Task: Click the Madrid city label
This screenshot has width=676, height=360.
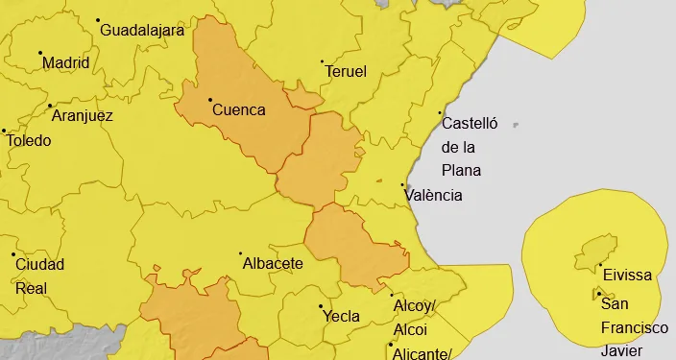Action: [66, 63]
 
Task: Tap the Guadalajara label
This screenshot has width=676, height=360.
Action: [142, 30]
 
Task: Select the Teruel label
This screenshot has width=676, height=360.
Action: [347, 72]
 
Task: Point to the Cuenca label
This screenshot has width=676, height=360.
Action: [238, 109]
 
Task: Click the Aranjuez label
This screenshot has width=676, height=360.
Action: [82, 116]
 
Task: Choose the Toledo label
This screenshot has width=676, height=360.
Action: [29, 140]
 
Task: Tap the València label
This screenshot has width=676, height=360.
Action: [434, 195]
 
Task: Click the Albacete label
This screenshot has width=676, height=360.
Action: [273, 263]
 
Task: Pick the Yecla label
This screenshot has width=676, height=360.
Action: [341, 316]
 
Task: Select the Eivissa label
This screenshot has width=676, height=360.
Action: [627, 276]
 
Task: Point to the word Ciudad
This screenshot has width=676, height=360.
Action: [39, 264]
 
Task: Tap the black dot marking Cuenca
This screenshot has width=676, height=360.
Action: [210, 99]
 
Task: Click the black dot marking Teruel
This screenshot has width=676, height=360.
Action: [322, 61]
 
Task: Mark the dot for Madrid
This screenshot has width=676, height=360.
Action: [39, 52]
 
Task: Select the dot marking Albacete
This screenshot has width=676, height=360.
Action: [240, 253]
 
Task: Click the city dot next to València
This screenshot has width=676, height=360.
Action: [402, 184]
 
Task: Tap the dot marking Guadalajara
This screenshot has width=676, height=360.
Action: [97, 19]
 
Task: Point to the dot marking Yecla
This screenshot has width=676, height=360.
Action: [320, 306]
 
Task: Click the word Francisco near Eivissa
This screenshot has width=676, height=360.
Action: [635, 327]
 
